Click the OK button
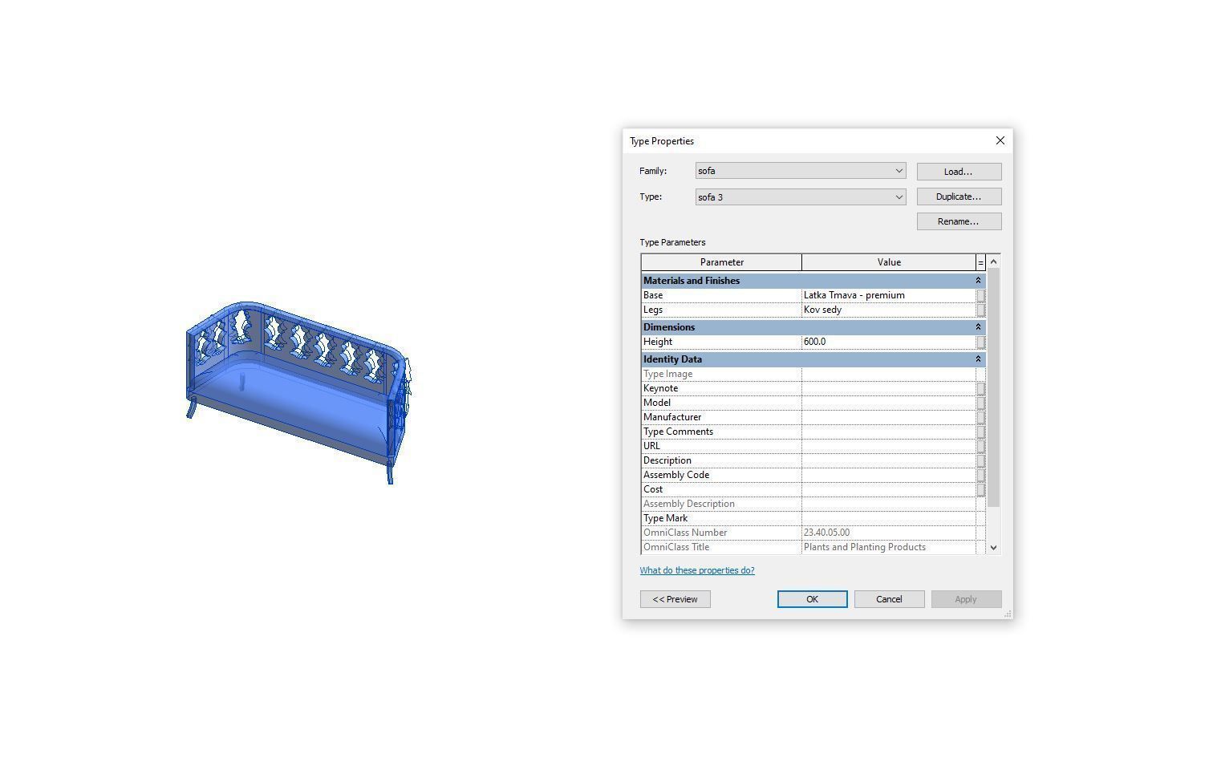tap(812, 598)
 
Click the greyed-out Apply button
tap(966, 598)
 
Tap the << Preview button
tap(675, 598)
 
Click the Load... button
tap(959, 172)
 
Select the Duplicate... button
tap(959, 197)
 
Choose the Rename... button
tap(959, 221)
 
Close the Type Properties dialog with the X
tap(1000, 140)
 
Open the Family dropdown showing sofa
tap(801, 171)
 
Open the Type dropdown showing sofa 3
tap(801, 197)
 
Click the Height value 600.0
tap(814, 342)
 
